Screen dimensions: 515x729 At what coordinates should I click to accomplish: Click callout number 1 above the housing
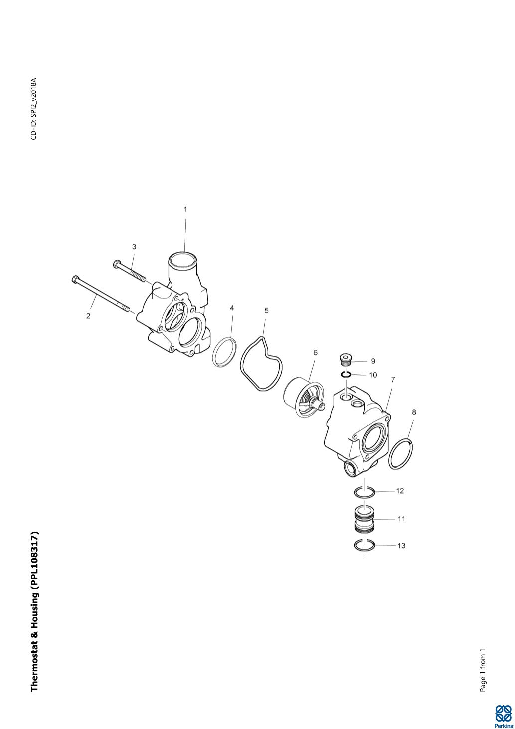(185, 209)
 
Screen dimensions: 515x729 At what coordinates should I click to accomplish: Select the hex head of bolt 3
(117, 264)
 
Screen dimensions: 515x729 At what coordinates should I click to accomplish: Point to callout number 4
(232, 308)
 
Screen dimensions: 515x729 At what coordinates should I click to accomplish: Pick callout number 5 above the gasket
(267, 310)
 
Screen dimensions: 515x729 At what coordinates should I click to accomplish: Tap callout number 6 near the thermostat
(316, 352)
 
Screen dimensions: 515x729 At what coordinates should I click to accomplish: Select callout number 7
(393, 380)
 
